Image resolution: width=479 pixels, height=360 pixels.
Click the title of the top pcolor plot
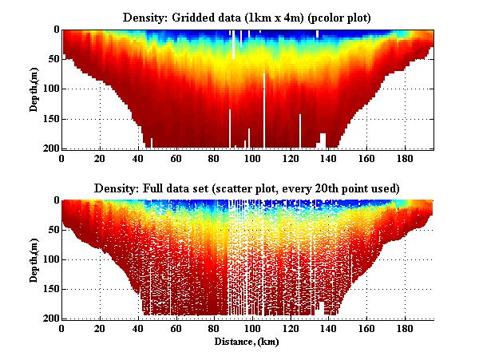(247, 17)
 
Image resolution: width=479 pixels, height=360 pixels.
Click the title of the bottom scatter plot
(247, 188)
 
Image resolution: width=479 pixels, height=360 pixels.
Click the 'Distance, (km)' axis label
(247, 341)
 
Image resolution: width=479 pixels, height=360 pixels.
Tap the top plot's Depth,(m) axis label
(35, 89)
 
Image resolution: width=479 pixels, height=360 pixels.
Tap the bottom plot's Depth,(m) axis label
(35, 259)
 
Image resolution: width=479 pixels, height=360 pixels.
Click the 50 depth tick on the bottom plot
(49, 230)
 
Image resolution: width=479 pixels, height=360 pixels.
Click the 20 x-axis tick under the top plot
(100, 158)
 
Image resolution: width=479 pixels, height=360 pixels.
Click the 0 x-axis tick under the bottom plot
(62, 328)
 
